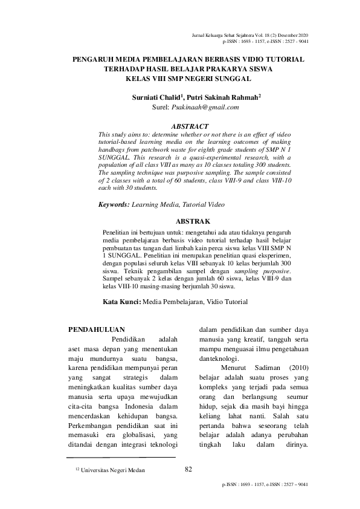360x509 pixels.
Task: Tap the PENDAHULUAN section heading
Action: point(97,329)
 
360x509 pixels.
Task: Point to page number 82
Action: point(188,468)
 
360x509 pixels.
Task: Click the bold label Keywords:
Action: point(114,206)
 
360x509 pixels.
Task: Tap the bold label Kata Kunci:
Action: point(120,302)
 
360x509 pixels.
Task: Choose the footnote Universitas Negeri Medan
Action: point(111,470)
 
